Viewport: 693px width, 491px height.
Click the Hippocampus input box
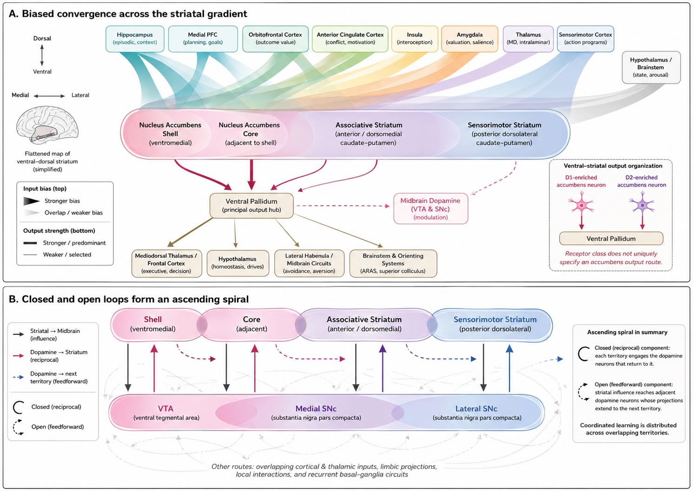(135, 39)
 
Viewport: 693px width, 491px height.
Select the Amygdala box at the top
(469, 39)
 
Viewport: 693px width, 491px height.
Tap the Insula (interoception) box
(415, 39)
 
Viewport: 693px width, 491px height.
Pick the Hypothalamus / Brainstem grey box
(651, 67)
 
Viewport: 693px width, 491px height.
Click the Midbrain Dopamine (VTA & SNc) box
(430, 209)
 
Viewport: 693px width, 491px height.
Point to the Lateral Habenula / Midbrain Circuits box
(309, 263)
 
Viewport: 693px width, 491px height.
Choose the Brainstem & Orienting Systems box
(393, 263)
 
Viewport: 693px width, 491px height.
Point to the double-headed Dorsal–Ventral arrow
(42, 55)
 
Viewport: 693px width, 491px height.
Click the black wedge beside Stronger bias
(31, 201)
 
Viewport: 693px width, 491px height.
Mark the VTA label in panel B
(165, 409)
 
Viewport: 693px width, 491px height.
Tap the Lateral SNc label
(476, 409)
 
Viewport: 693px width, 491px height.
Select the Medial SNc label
(316, 409)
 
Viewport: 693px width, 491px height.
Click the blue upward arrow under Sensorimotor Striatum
(509, 368)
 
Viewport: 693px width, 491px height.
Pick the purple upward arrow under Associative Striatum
(383, 368)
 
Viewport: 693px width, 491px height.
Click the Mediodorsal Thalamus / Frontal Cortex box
(166, 263)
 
